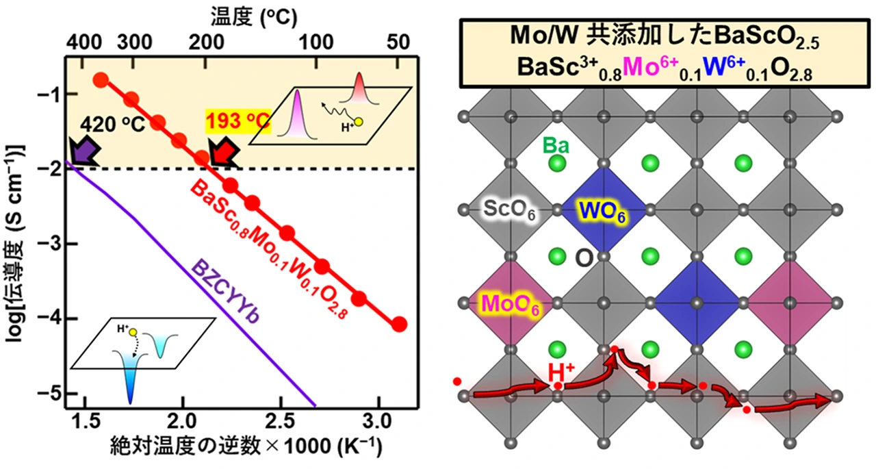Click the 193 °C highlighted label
[x=242, y=121]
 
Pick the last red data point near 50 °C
[x=399, y=325]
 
